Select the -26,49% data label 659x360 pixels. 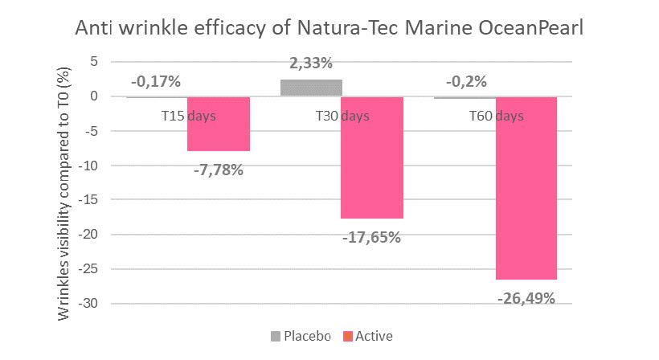[526, 299]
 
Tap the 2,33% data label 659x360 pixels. [311, 63]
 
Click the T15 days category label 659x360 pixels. [188, 116]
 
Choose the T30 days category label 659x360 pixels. [342, 116]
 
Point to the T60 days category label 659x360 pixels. [496, 116]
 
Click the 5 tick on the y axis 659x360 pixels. [116, 61]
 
